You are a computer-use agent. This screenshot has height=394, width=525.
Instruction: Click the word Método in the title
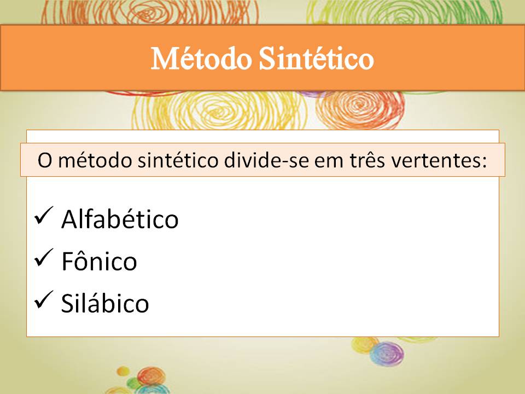(x=200, y=59)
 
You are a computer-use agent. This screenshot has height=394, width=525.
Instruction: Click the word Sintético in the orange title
(x=317, y=59)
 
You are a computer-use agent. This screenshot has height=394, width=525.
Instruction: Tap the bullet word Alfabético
(x=120, y=219)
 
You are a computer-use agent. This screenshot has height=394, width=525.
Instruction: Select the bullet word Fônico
(x=99, y=262)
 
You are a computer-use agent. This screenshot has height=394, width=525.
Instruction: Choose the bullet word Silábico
(x=105, y=303)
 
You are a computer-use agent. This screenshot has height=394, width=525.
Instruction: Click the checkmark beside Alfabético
(x=43, y=217)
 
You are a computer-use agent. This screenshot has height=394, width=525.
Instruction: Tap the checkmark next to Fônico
(x=43, y=259)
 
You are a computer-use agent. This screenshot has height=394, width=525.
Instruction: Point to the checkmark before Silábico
(x=43, y=300)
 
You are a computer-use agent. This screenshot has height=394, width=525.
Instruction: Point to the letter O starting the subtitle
(x=44, y=160)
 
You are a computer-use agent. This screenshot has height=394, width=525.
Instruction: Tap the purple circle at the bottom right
(x=386, y=353)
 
